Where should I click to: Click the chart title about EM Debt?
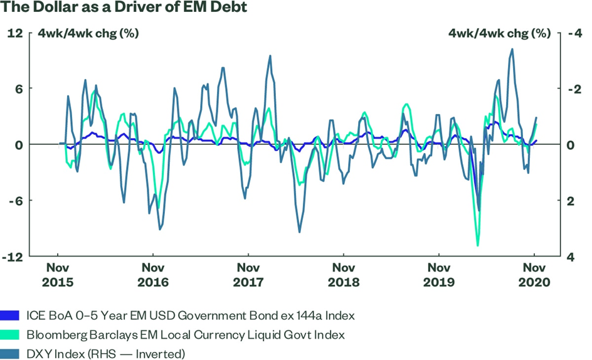tap(124, 8)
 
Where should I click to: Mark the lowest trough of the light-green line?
tap(478, 245)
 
